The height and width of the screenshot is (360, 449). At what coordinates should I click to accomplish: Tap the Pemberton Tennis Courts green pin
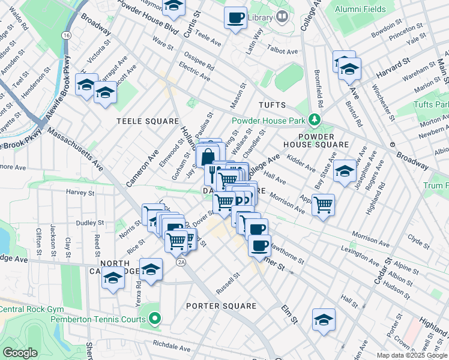point(155,319)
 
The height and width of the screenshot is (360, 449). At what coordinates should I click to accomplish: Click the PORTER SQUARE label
point(221,306)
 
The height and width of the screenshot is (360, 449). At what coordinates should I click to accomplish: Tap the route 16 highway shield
point(65,36)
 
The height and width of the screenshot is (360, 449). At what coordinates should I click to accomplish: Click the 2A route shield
point(180,262)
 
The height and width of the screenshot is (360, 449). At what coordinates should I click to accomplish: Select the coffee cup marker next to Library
point(236,17)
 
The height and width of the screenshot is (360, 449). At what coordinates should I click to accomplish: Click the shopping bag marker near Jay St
point(207,157)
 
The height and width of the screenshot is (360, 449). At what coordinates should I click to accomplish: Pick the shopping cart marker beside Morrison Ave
point(324,205)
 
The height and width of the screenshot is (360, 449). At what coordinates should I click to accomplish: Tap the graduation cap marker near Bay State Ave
point(345,171)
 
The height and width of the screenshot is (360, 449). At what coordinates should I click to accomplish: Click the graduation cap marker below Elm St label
point(324,319)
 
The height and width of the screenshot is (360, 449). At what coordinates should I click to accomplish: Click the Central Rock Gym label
point(31,310)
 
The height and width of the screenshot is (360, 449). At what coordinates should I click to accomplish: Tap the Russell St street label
point(228,280)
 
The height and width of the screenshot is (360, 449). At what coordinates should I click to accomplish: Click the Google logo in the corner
point(20,353)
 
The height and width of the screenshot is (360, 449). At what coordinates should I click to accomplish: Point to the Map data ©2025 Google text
point(412,355)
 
